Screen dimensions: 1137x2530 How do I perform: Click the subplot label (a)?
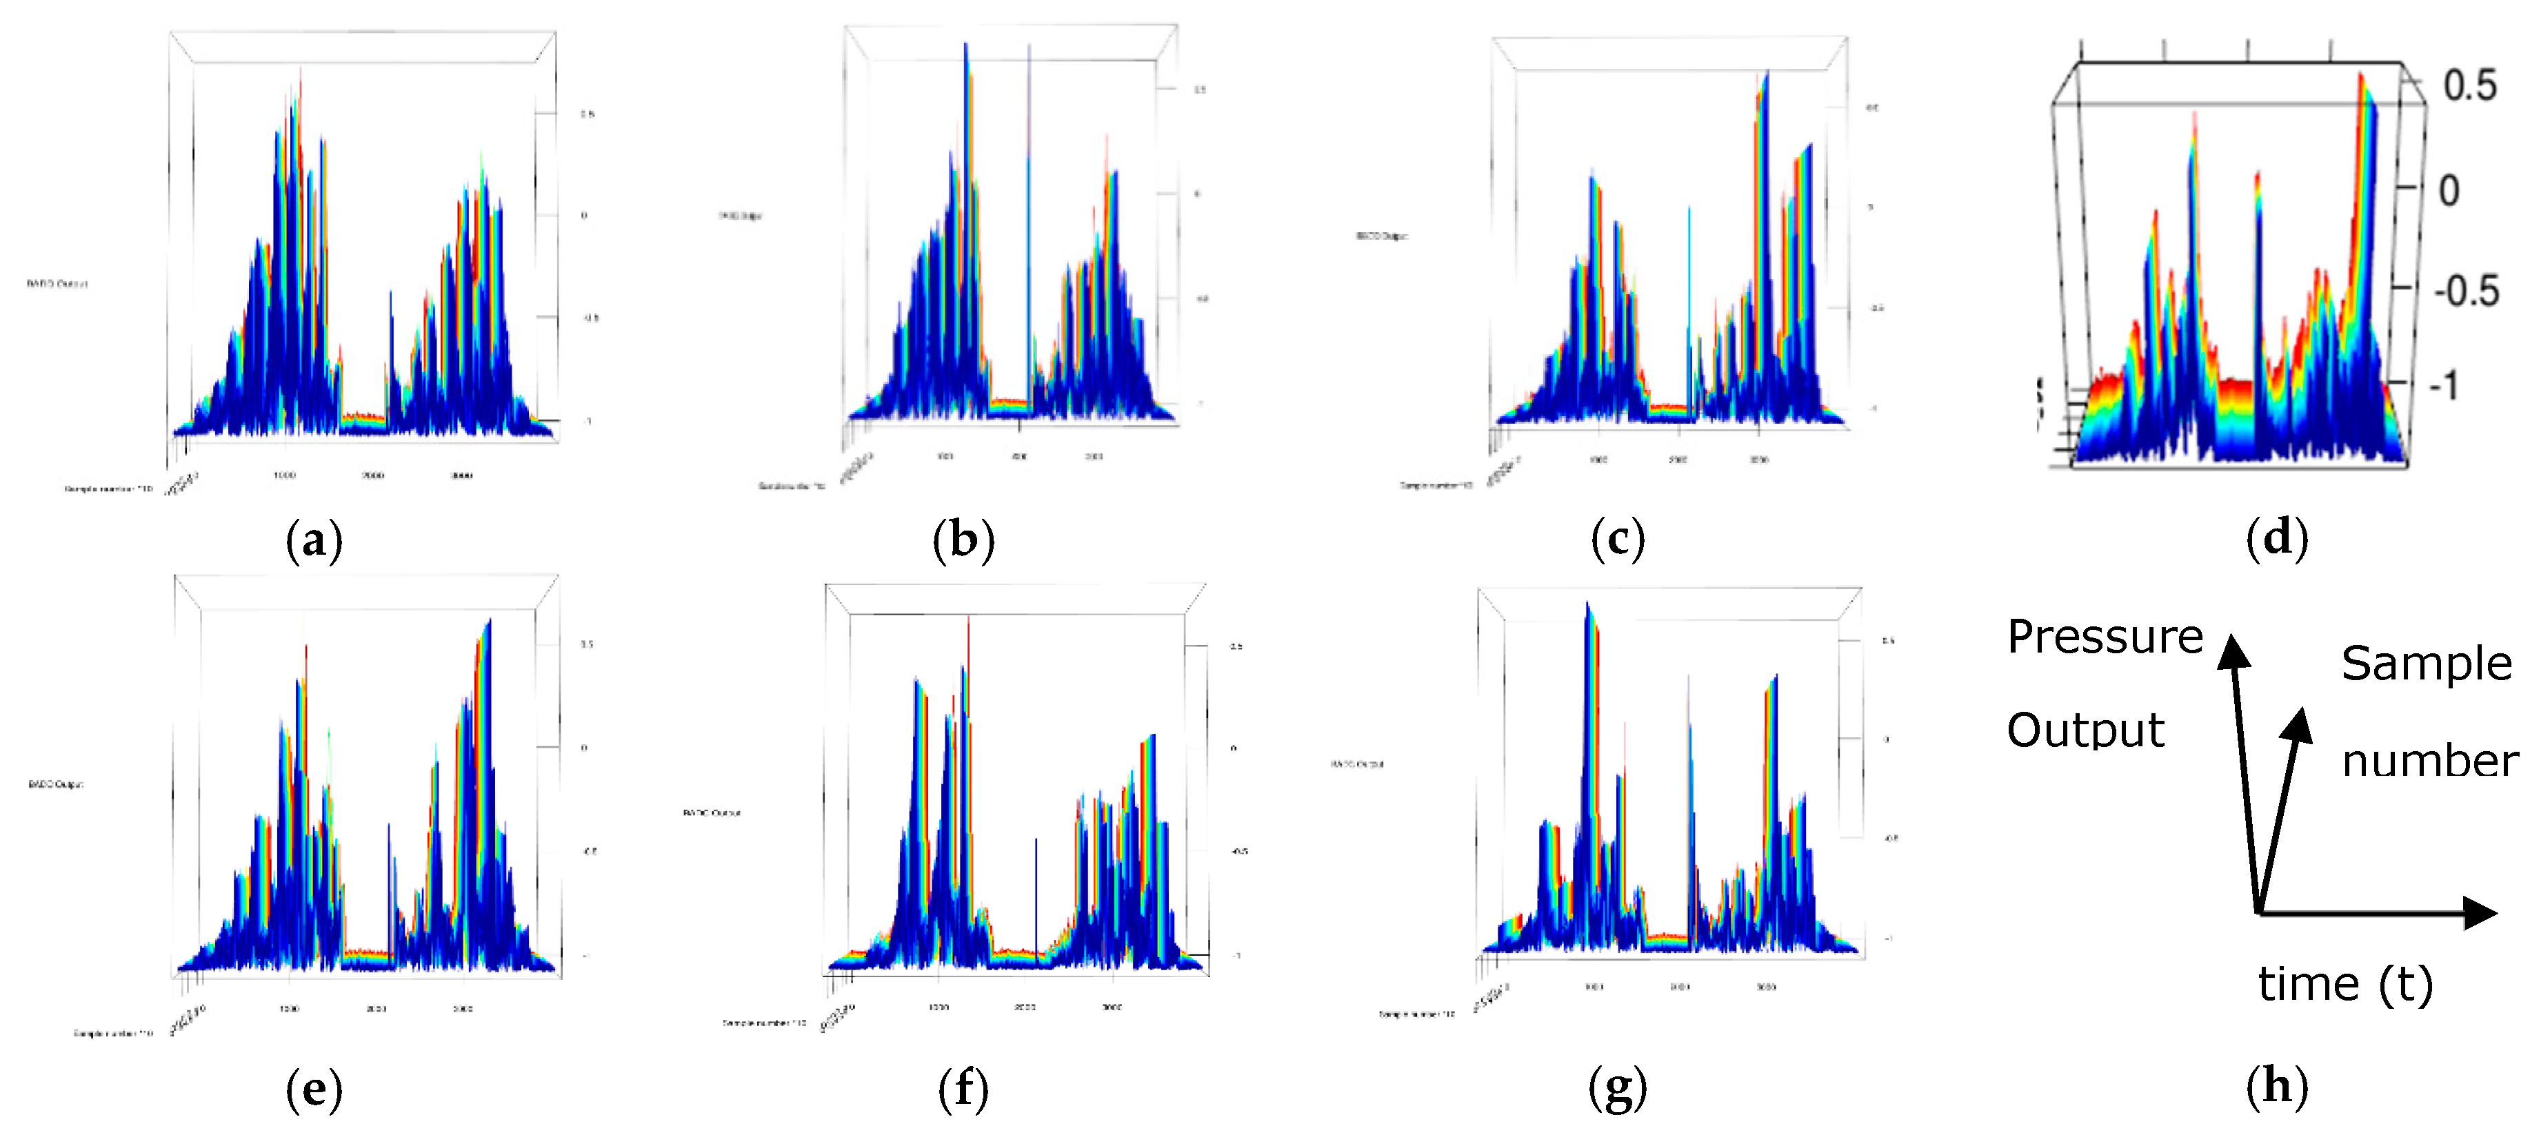click(314, 540)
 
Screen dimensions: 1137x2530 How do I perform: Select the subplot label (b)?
click(963, 540)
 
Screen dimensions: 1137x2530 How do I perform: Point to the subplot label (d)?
click(2277, 538)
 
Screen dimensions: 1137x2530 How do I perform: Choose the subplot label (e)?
click(314, 1088)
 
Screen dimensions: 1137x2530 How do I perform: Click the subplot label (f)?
click(963, 1088)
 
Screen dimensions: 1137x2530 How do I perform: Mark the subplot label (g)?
click(1618, 1088)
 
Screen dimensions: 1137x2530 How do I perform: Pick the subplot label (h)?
click(2277, 1086)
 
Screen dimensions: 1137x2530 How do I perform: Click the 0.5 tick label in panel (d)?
click(2469, 86)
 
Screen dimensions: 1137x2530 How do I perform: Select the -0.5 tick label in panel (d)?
click(2465, 291)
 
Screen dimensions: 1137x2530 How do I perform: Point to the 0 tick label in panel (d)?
click(2449, 190)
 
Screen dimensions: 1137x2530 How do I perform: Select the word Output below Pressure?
click(2085, 730)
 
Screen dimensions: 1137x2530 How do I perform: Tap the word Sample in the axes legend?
click(2426, 664)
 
